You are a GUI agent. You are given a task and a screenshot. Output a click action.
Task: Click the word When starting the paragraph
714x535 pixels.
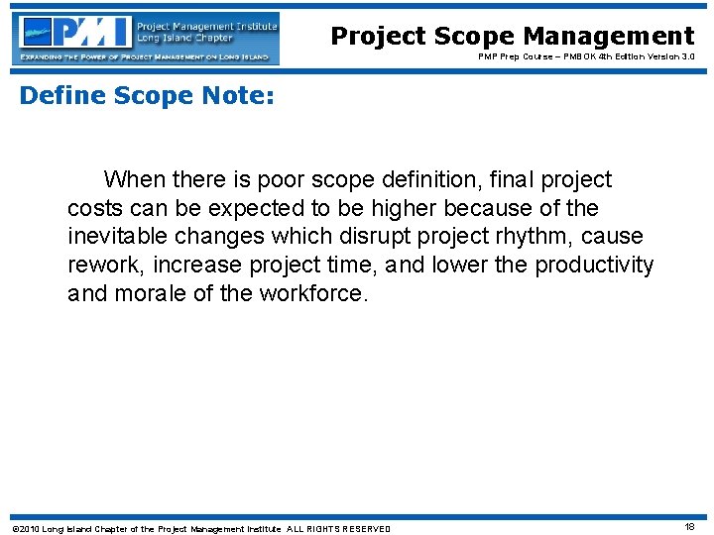coord(134,180)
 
